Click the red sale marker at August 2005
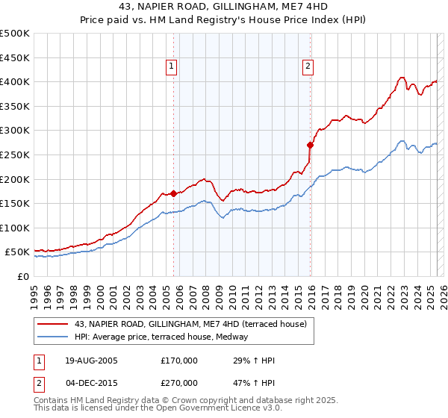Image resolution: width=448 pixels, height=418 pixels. click(x=174, y=193)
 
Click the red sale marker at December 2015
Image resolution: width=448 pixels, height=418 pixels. click(x=310, y=145)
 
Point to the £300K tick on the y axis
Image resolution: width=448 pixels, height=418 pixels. click(x=16, y=131)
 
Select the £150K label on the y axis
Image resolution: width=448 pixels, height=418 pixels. click(x=16, y=203)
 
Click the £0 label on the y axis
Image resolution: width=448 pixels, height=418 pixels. click(x=22, y=276)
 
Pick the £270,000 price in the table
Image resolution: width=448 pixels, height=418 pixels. click(x=179, y=383)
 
